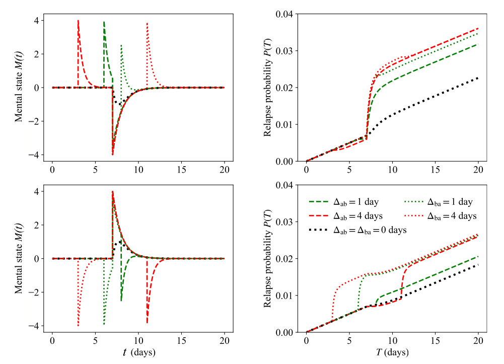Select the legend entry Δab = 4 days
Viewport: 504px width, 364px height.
[355, 215]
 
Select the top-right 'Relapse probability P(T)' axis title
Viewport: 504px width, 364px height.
[268, 88]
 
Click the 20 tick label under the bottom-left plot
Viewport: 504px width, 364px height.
[225, 342]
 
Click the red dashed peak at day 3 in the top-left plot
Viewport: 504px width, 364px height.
[78, 21]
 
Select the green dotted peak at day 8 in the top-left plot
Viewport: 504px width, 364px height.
[121, 46]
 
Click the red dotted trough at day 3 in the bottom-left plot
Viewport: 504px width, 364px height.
[78, 325]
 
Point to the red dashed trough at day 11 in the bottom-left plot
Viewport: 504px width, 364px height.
[147, 322]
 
